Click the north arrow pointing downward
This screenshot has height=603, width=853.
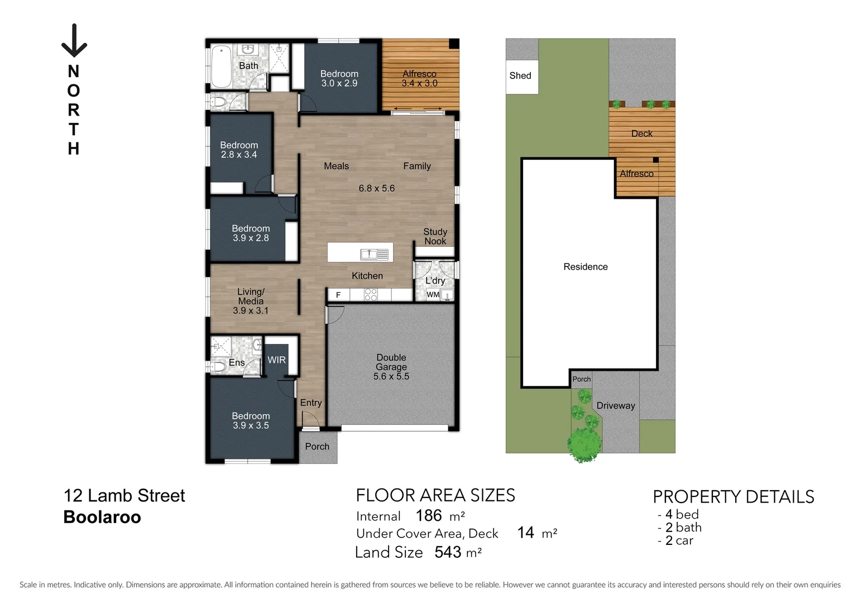(74, 41)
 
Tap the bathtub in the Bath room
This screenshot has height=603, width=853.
(221, 67)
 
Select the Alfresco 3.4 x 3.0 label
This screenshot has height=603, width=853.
(419, 79)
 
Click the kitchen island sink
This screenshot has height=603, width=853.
(375, 255)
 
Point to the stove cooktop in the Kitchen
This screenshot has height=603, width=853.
(371, 295)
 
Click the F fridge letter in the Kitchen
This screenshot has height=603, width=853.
(338, 295)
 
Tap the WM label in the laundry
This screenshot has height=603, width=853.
(433, 295)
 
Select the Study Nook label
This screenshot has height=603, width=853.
(435, 236)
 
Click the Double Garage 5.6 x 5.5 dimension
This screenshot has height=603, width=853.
(391, 376)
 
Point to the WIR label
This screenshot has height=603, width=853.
(276, 360)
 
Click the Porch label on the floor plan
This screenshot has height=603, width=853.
(317, 447)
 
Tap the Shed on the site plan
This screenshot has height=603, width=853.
(521, 75)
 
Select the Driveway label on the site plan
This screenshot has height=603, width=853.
(615, 406)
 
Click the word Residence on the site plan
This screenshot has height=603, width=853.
(585, 267)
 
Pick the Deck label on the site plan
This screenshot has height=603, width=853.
(641, 133)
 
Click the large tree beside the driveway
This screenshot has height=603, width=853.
(584, 444)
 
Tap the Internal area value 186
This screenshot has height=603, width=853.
(429, 515)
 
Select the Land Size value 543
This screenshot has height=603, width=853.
(448, 552)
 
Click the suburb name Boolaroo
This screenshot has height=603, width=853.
(102, 517)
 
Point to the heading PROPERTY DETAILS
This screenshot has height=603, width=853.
(733, 496)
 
